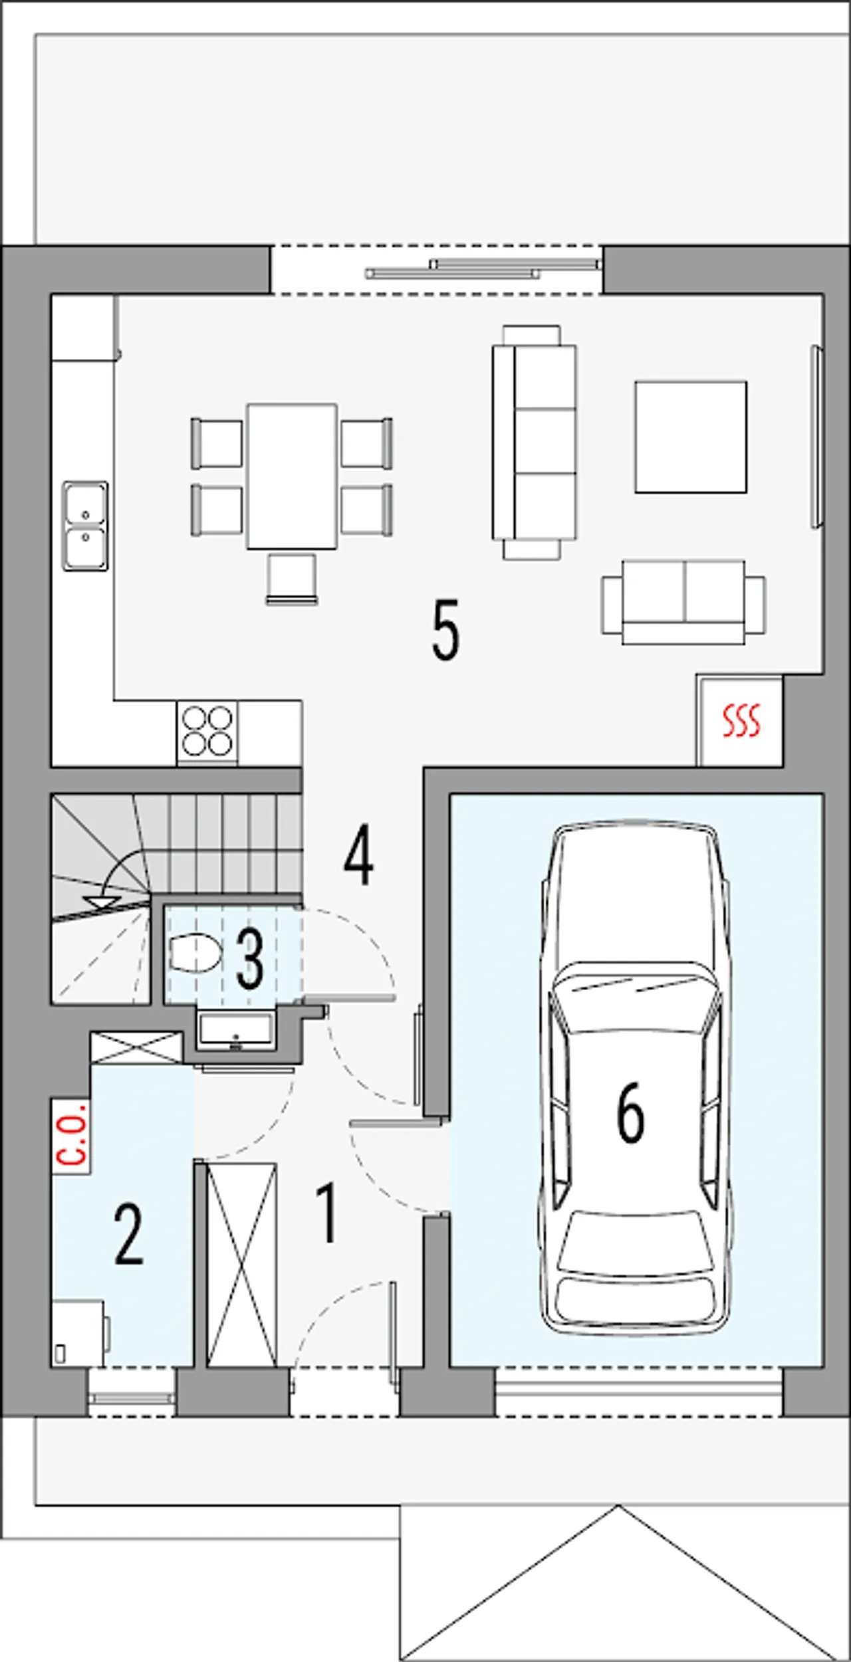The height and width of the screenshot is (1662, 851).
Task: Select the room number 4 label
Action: tap(358, 857)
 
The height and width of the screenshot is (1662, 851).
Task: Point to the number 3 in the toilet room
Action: tap(249, 959)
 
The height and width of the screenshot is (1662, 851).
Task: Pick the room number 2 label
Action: tap(128, 1234)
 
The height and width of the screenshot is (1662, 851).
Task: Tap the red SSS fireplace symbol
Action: tap(741, 721)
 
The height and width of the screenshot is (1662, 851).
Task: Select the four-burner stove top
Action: tap(207, 732)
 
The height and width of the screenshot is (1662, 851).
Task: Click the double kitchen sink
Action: tap(85, 526)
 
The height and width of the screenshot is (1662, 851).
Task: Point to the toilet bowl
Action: tap(195, 954)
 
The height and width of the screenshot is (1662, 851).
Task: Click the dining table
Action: tap(292, 476)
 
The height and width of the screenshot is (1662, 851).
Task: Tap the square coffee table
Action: tap(690, 437)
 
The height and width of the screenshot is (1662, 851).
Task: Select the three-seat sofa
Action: tap(534, 442)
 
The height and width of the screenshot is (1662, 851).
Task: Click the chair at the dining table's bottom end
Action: tap(292, 579)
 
